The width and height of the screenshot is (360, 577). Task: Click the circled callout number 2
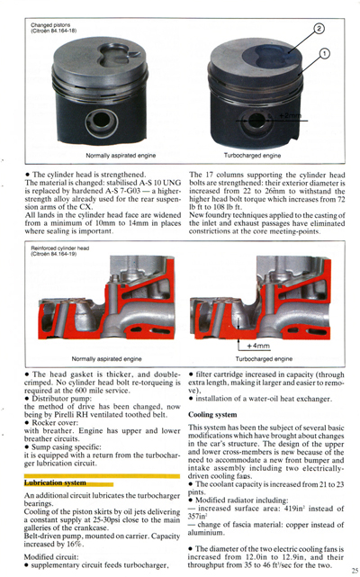click(x=319, y=30)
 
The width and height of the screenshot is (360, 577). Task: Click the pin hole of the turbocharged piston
click(x=259, y=119)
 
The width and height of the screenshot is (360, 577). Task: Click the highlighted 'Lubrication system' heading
click(x=56, y=482)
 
